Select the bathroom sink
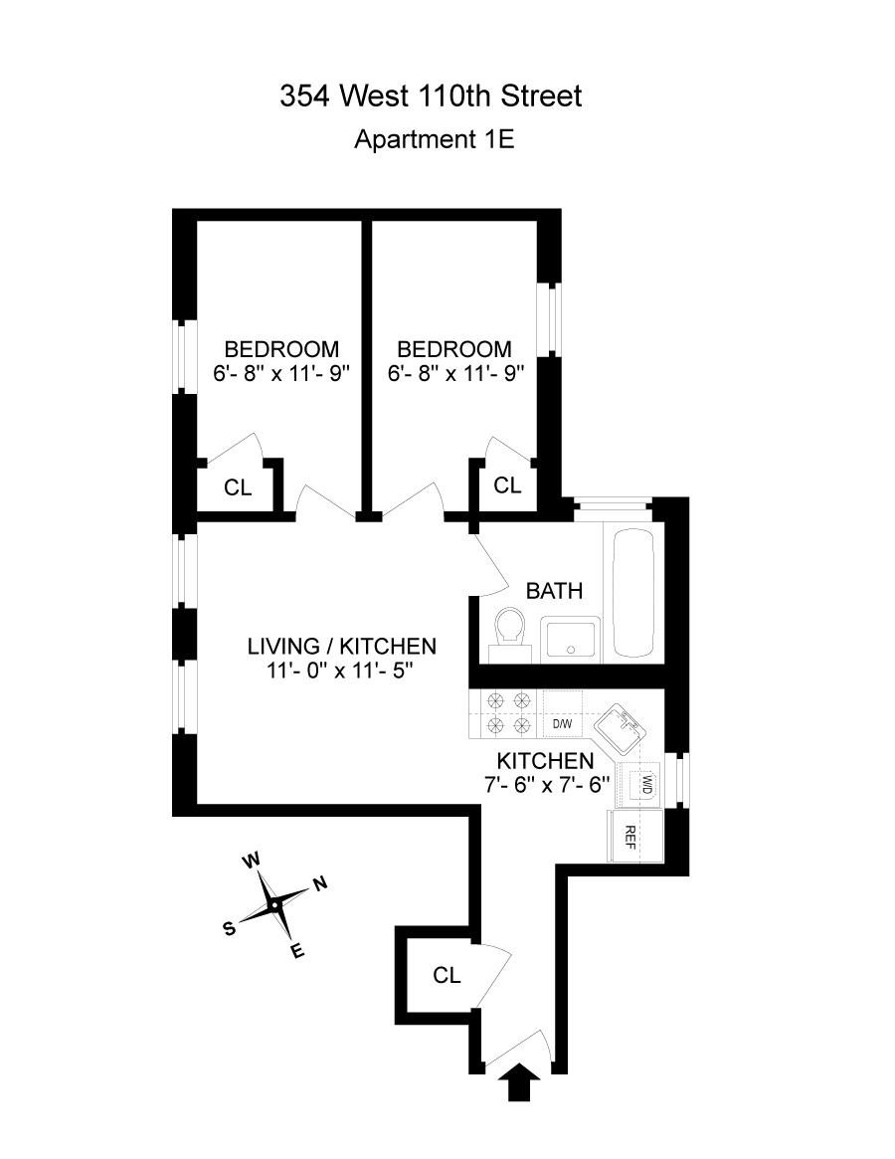pos(570,638)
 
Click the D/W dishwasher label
pos(562,723)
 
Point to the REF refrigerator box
pos(629,836)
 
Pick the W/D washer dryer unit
pos(643,783)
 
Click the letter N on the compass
pos(319,883)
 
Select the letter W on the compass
pos(253,860)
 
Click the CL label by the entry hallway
pos(447,975)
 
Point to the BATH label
pos(554,591)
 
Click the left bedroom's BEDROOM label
pos(281,350)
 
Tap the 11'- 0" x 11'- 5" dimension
pos(340,670)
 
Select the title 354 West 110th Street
pos(431,97)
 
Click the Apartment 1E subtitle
pos(434,139)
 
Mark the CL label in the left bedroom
pos(238,487)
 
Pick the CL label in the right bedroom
pos(507,484)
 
